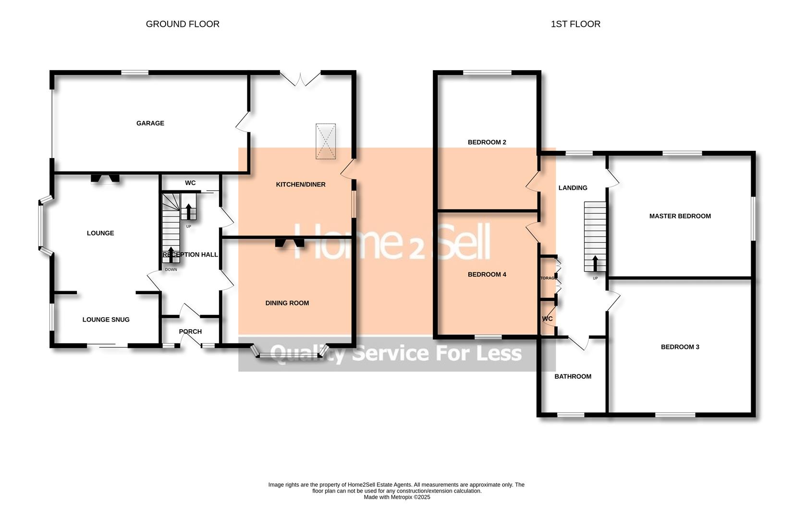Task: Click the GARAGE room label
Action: [150, 124]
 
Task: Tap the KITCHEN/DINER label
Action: [301, 185]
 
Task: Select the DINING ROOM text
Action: [287, 303]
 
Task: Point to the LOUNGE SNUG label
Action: [106, 320]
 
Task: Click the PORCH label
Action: [190, 332]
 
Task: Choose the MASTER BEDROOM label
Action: [680, 216]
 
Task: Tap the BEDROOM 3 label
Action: [680, 347]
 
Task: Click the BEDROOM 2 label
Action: [487, 142]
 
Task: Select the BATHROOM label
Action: [573, 377]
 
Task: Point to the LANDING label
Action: [573, 188]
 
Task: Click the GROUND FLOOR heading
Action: [183, 24]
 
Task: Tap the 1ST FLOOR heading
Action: [575, 24]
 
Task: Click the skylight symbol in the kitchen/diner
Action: [325, 141]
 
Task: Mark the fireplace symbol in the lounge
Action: [105, 179]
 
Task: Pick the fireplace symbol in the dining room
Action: [290, 243]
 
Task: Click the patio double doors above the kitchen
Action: [300, 79]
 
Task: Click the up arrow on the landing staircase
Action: [595, 263]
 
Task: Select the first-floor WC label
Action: [547, 319]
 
